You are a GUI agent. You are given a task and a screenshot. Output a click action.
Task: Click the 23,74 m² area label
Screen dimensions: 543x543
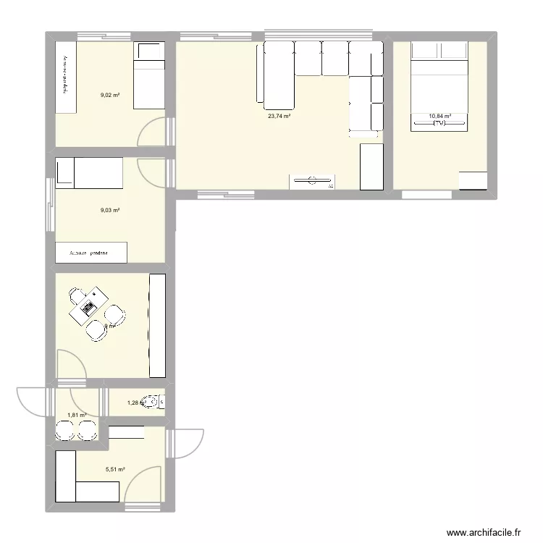(x=279, y=116)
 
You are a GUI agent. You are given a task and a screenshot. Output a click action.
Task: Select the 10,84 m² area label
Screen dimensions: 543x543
(x=439, y=116)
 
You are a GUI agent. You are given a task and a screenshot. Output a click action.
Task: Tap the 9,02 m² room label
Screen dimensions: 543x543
(x=110, y=94)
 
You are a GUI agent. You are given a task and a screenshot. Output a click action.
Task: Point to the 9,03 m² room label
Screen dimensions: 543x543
(x=110, y=211)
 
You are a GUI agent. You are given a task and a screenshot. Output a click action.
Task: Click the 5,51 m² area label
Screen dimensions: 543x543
(x=115, y=470)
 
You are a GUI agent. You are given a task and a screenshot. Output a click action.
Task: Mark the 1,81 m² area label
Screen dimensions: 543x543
(x=77, y=416)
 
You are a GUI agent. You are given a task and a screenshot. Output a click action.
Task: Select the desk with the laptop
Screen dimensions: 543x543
(x=88, y=308)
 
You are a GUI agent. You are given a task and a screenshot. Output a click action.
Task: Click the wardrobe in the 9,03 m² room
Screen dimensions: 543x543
(x=91, y=253)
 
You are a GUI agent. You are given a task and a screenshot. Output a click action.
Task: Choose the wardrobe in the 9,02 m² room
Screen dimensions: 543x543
(x=67, y=77)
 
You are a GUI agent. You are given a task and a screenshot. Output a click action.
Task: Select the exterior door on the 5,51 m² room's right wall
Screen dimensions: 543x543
(x=187, y=443)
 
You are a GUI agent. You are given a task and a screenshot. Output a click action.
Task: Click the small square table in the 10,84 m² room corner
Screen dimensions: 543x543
(x=474, y=180)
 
